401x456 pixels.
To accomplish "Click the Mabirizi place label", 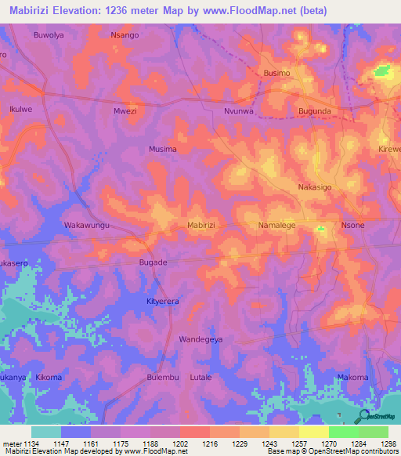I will [201, 225].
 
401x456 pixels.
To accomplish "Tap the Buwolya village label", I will [48, 35].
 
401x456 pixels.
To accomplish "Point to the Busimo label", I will [276, 73].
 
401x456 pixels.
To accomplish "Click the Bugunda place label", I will [315, 111].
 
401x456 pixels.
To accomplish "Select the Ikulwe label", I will [22, 111].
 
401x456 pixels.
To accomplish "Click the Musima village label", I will [163, 149].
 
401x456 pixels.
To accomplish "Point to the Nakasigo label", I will [315, 187].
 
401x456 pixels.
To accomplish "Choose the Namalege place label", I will [276, 225].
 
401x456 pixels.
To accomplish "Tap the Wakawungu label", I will [85, 225].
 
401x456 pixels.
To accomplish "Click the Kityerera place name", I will [163, 301].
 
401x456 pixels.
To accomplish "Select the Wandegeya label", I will [201, 339].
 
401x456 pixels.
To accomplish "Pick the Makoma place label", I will [352, 377].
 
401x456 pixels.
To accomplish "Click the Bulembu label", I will [163, 377].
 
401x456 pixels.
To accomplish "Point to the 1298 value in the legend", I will [388, 444].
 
